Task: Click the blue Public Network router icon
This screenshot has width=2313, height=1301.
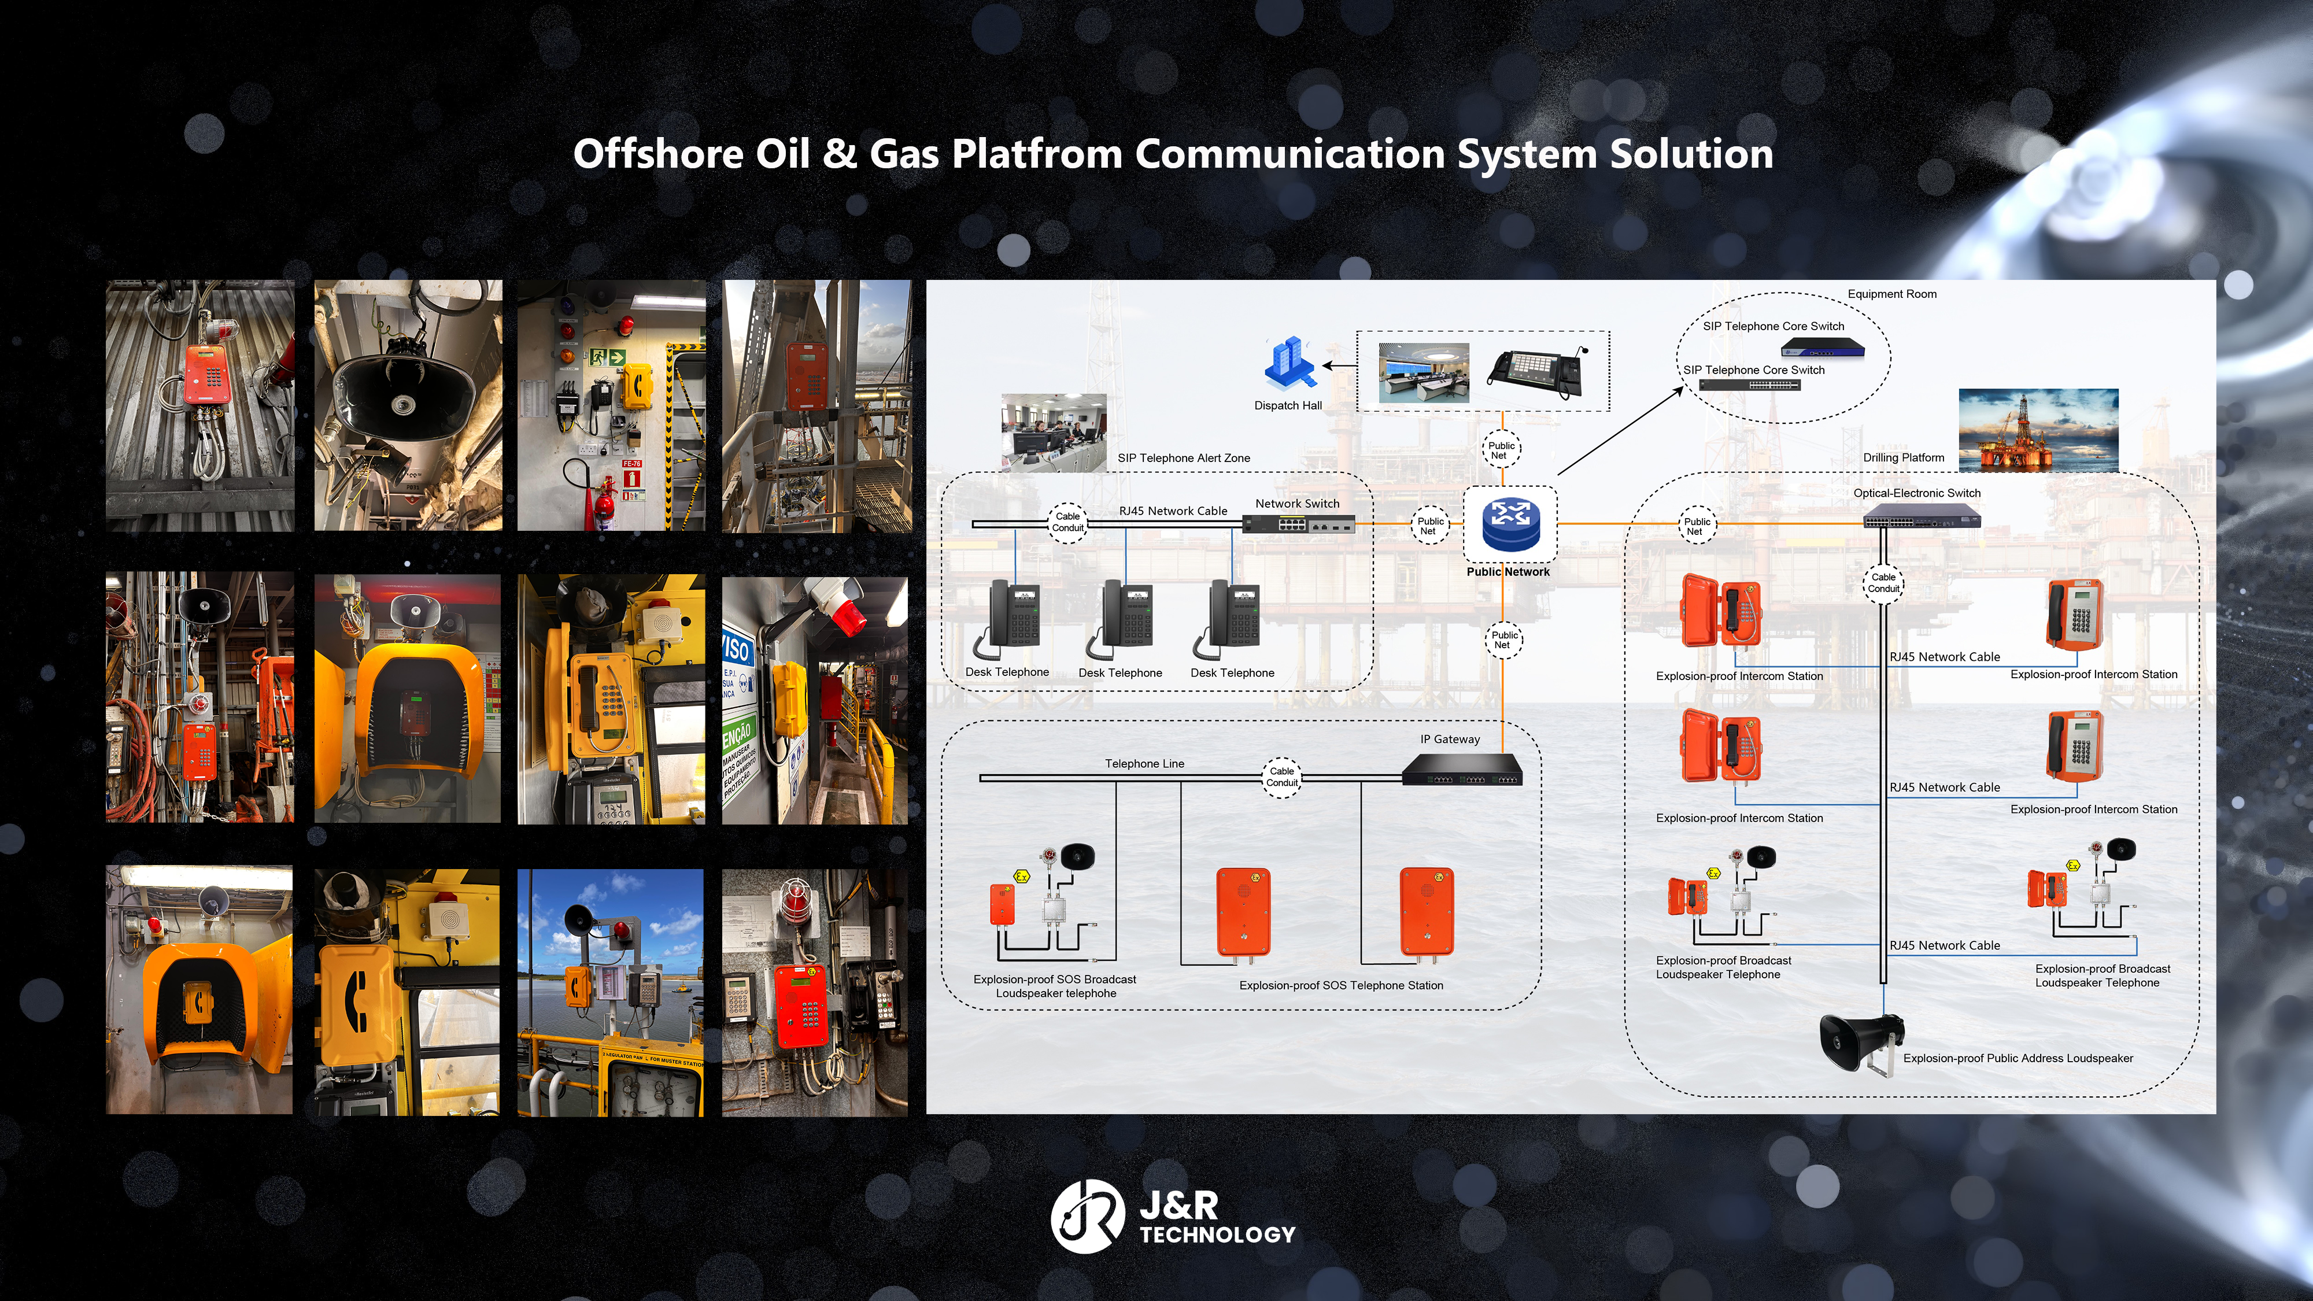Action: click(1510, 524)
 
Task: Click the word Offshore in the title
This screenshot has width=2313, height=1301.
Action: click(658, 154)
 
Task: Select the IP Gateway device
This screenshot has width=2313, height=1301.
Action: click(1462, 770)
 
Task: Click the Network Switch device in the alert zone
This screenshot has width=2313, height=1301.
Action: click(1298, 524)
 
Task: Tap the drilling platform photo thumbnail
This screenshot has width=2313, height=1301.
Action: click(2038, 430)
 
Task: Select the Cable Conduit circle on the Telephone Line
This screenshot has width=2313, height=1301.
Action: click(1281, 777)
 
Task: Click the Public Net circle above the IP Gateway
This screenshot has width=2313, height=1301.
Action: click(1503, 640)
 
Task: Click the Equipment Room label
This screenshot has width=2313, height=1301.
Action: click(1892, 294)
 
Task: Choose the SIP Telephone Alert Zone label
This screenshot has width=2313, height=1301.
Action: click(1184, 458)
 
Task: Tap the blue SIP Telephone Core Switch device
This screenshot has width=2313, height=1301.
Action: click(1822, 346)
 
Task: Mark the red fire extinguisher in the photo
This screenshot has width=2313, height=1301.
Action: click(603, 503)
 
